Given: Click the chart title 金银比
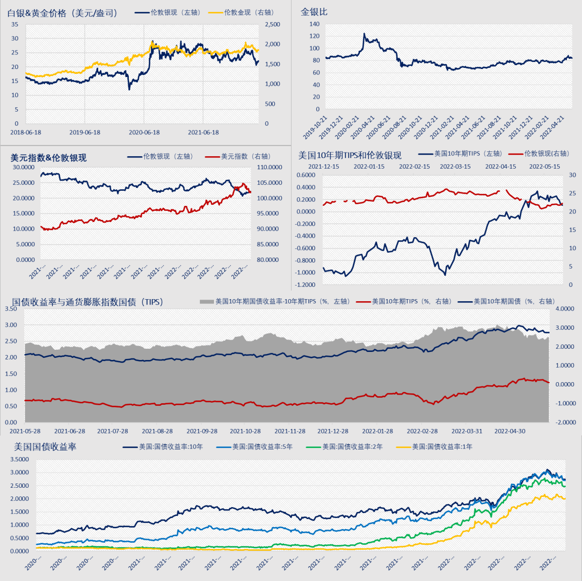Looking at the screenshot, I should [x=314, y=11].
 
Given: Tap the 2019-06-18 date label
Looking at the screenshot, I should [x=85, y=132].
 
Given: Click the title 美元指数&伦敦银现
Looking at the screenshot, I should [x=48, y=158].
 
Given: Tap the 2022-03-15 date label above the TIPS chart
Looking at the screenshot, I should [x=455, y=167].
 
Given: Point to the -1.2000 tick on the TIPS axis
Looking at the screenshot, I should [x=305, y=284].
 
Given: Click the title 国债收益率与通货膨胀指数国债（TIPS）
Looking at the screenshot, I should [x=88, y=302].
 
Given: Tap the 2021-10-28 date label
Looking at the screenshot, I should [x=246, y=431].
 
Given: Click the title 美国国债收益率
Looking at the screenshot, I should [x=46, y=446].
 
